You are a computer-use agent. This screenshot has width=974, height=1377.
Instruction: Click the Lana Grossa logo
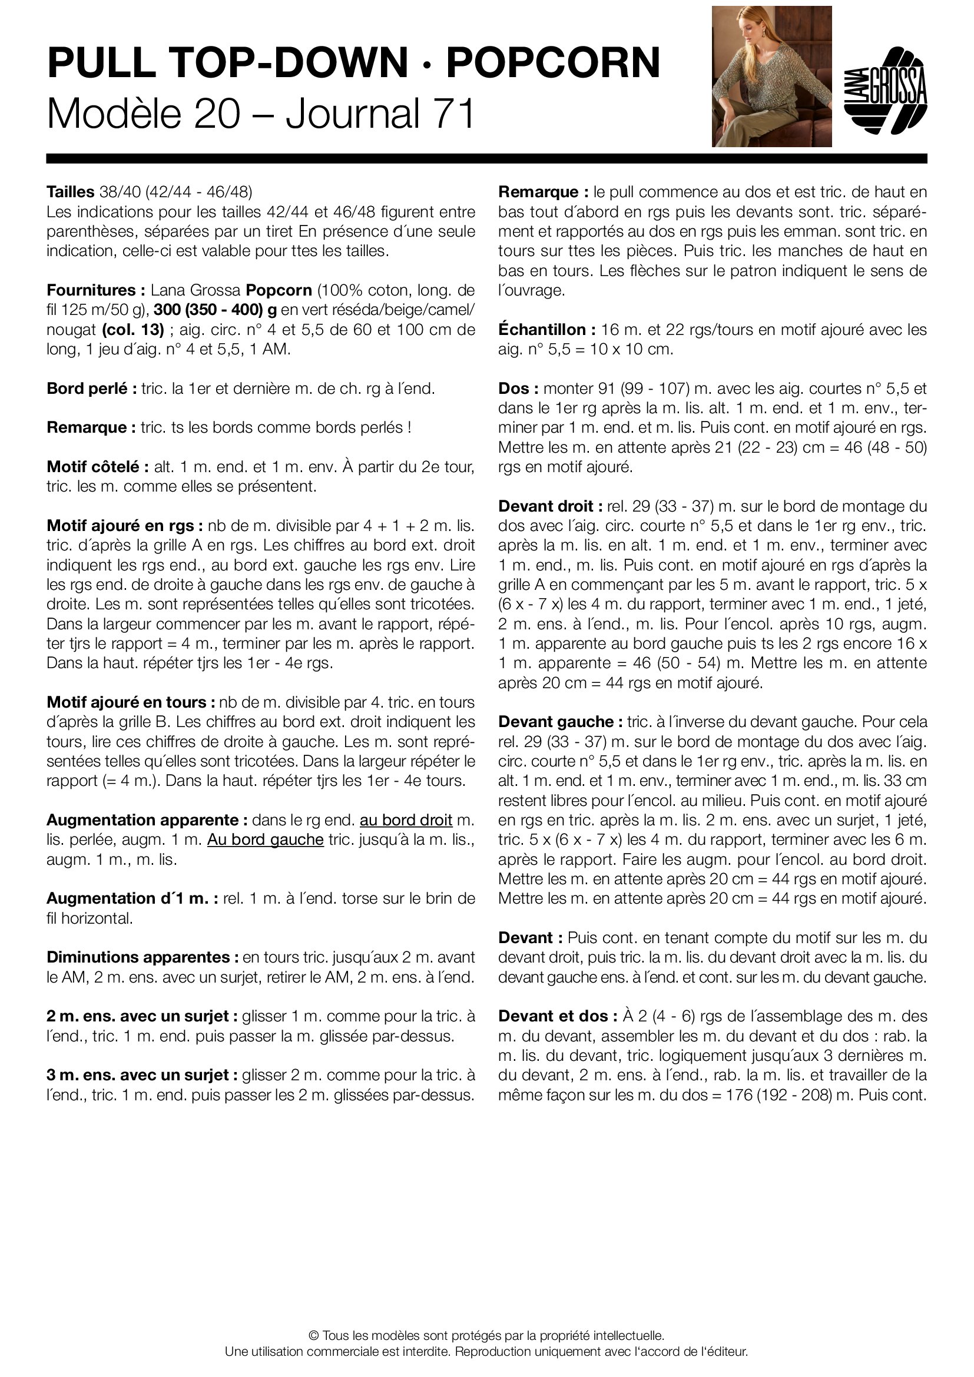pyautogui.click(x=885, y=90)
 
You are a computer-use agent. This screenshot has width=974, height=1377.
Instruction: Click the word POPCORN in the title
pyautogui.click(x=553, y=63)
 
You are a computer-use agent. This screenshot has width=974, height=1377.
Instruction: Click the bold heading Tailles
pyautogui.click(x=70, y=192)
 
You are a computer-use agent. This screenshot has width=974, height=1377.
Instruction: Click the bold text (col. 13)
pyautogui.click(x=132, y=329)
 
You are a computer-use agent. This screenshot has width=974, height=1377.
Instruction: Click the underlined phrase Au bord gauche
pyautogui.click(x=265, y=840)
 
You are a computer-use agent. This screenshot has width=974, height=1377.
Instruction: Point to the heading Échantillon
pyautogui.click(x=546, y=329)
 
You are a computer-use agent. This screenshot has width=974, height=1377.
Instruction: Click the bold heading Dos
pyautogui.click(x=517, y=389)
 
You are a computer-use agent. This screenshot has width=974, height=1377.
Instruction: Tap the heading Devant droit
pyautogui.click(x=549, y=506)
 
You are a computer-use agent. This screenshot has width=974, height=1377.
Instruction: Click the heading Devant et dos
pyautogui.click(x=557, y=1016)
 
